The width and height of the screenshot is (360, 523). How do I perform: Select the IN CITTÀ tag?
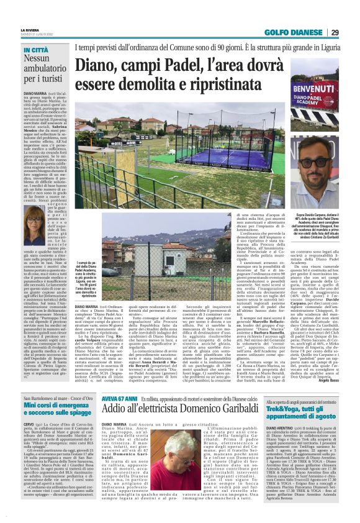(37, 49)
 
